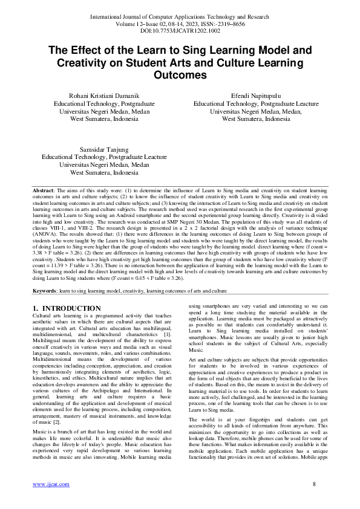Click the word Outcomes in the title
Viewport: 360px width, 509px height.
click(180, 76)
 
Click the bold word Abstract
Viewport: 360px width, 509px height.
click(44, 190)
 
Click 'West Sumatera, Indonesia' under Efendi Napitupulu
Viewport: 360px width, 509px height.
click(256, 119)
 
